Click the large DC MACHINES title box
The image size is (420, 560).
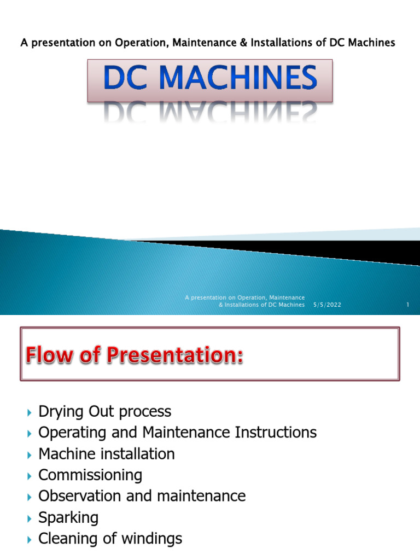click(210, 81)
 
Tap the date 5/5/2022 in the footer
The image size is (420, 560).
click(327, 305)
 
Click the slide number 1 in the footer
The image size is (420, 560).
click(408, 305)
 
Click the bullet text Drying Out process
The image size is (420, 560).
click(104, 412)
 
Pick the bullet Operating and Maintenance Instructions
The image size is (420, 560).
click(177, 433)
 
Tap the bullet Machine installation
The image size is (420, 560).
click(107, 454)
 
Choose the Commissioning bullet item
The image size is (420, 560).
click(90, 475)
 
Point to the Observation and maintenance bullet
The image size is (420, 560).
click(142, 496)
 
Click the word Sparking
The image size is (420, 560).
click(68, 517)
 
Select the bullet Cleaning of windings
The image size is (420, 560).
click(110, 539)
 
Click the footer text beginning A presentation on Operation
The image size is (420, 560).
click(245, 301)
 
